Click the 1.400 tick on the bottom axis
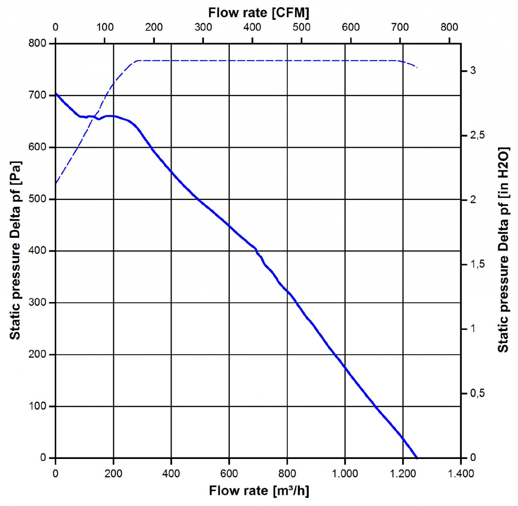coord(460,474)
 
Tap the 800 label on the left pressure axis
coord(38,44)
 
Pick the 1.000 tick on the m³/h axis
coord(345,474)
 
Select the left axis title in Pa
coord(16,251)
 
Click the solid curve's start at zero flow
coord(56,94)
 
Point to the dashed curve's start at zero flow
coord(56,183)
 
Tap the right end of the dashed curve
coord(417,67)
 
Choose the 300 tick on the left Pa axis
coord(38,303)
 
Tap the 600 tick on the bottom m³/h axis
coord(229,474)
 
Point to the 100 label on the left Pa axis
coord(38,406)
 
